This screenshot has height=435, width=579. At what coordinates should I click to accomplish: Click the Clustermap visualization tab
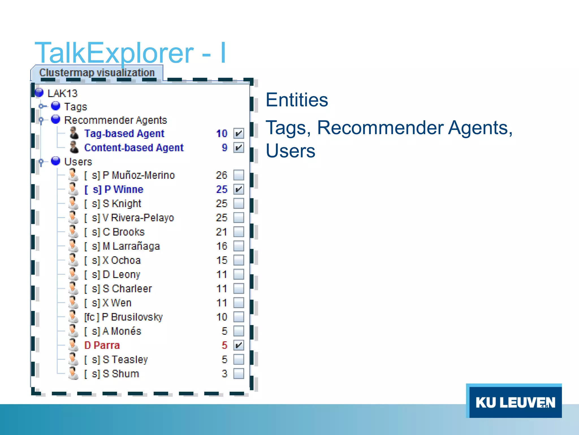click(x=97, y=73)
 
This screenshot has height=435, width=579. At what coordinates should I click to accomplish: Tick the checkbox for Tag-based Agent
click(x=239, y=133)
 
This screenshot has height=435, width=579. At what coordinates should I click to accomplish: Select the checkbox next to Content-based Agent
click(x=239, y=147)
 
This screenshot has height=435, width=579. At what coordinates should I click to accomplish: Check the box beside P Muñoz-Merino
click(x=239, y=175)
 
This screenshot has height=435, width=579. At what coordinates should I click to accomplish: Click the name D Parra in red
click(x=102, y=345)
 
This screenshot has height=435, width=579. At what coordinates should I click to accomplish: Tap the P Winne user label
click(x=114, y=189)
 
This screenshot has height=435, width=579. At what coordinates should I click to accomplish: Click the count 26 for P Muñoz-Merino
click(x=221, y=175)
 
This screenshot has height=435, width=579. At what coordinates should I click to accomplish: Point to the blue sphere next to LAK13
click(x=39, y=92)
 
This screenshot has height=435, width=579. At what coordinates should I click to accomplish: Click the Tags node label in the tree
click(x=75, y=107)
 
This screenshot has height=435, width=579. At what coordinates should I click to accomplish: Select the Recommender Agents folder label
click(x=115, y=120)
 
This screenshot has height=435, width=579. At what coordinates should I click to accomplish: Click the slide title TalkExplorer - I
click(x=130, y=53)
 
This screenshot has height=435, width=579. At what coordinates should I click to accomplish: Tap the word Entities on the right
click(x=297, y=100)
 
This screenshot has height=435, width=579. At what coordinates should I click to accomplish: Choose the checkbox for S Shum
click(x=239, y=374)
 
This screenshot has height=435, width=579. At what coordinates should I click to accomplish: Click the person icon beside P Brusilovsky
click(x=73, y=316)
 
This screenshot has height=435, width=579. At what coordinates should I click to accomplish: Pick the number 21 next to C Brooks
click(x=221, y=232)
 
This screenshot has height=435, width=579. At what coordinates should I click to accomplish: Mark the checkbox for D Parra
click(x=239, y=345)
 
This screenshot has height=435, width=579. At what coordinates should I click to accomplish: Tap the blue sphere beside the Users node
click(x=56, y=161)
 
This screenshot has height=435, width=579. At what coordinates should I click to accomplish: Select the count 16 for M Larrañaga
click(x=222, y=246)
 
